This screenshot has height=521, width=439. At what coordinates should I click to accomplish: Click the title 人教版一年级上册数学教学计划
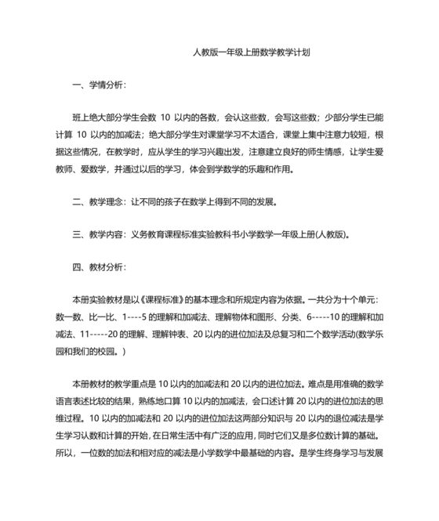[x=252, y=53]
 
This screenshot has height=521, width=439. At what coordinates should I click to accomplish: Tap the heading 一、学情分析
[x=98, y=84]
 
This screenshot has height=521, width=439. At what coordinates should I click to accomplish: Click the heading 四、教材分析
[x=98, y=266]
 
